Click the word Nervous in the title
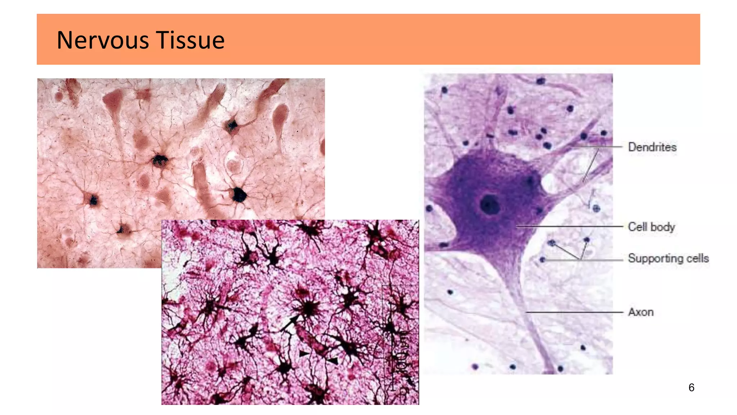(103, 40)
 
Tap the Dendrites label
(652, 147)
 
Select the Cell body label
(651, 227)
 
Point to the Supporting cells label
(668, 258)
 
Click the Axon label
(641, 312)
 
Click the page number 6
(691, 388)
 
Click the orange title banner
(432, 39)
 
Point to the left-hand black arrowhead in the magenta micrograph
(304, 354)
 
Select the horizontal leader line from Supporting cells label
(601, 260)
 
